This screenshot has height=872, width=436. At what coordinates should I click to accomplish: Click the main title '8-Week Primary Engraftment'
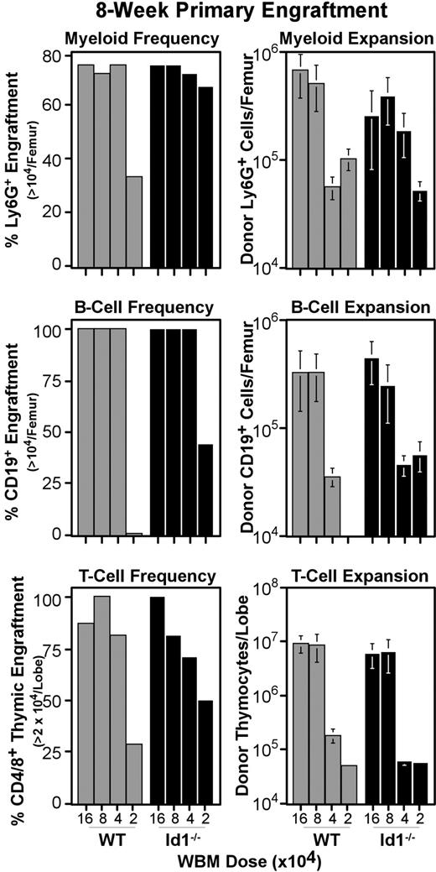217,12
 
